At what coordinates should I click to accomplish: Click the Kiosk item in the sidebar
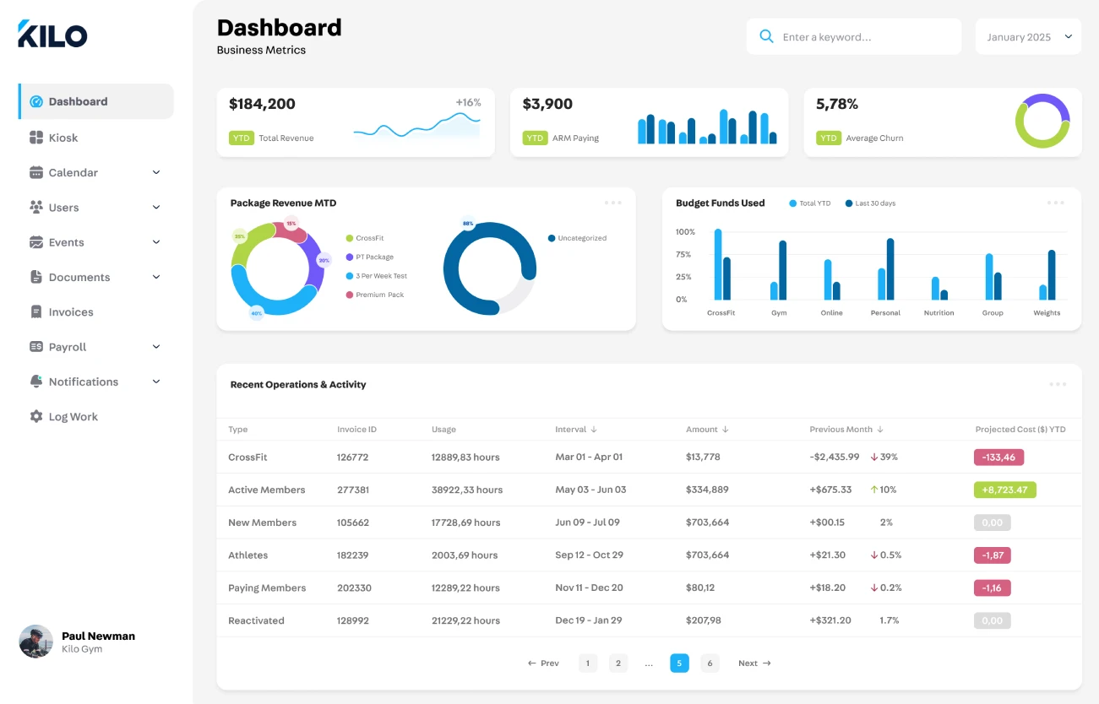tap(63, 138)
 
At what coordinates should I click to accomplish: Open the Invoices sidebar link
tap(70, 312)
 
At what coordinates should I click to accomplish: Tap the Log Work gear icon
tap(35, 417)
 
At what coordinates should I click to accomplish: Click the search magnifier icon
tap(766, 37)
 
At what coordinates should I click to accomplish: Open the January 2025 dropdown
tap(1028, 37)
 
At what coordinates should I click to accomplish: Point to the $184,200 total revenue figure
tap(262, 105)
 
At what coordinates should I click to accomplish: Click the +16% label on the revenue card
tap(468, 103)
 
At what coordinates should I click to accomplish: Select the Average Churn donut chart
tap(1042, 122)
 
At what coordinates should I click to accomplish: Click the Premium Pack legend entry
tap(379, 295)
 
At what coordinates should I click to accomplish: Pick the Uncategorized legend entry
tap(581, 238)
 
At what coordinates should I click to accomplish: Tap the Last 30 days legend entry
tap(874, 203)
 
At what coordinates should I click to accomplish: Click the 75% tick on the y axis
tap(683, 254)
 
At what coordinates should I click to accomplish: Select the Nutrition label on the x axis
tap(939, 313)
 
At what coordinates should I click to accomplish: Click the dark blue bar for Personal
tap(890, 268)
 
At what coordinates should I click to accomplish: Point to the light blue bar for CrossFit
tap(718, 264)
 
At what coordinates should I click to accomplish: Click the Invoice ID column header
tap(356, 430)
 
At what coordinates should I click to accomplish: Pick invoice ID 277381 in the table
tap(353, 490)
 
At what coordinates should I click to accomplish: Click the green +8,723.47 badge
tap(1004, 490)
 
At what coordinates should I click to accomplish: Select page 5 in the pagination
tap(679, 663)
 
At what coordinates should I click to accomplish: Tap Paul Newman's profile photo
tap(36, 642)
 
